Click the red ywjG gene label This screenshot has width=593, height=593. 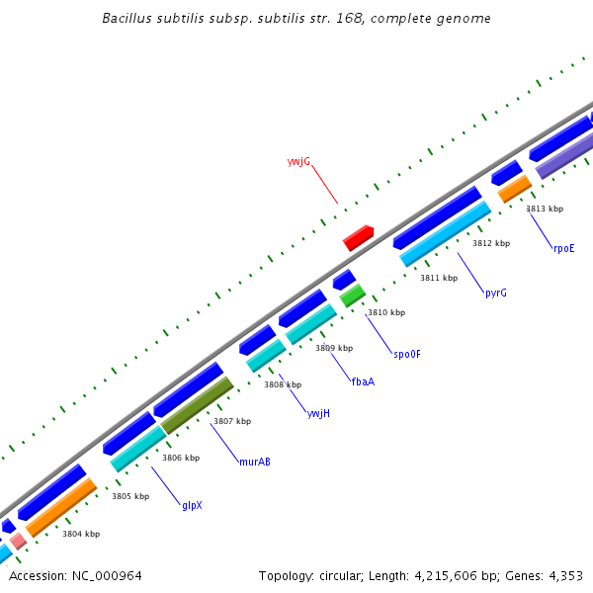pyautogui.click(x=298, y=160)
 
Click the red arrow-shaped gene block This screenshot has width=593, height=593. pyautogui.click(x=358, y=237)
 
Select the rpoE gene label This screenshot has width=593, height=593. pyautogui.click(x=563, y=248)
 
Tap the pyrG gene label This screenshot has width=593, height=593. pyautogui.click(x=496, y=294)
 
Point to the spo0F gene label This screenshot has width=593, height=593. pyautogui.click(x=407, y=354)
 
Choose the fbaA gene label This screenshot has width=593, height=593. pyautogui.click(x=363, y=381)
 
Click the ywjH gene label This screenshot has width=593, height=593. pyautogui.click(x=318, y=413)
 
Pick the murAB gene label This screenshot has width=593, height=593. pyautogui.click(x=255, y=462)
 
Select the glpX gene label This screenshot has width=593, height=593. pyautogui.click(x=192, y=505)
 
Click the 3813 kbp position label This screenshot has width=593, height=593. pyautogui.click(x=545, y=209)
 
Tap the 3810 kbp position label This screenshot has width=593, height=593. pyautogui.click(x=386, y=312)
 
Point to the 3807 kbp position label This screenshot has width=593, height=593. pyautogui.click(x=232, y=421)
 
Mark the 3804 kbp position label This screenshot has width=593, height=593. pyautogui.click(x=81, y=534)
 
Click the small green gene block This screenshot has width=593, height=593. pyautogui.click(x=353, y=295)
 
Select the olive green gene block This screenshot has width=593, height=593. pyautogui.click(x=198, y=404)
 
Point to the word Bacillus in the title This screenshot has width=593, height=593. pyautogui.click(x=126, y=19)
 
